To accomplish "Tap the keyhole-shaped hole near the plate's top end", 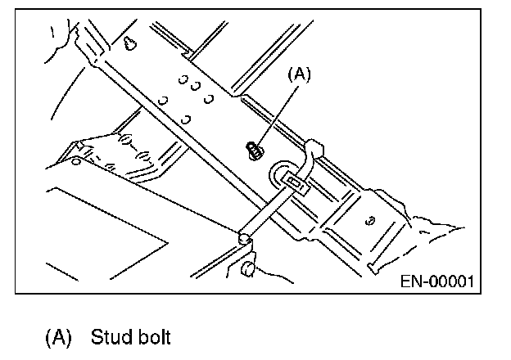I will [130, 43].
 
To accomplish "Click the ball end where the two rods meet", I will [243, 237].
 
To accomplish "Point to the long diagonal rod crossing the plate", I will [164, 139].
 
